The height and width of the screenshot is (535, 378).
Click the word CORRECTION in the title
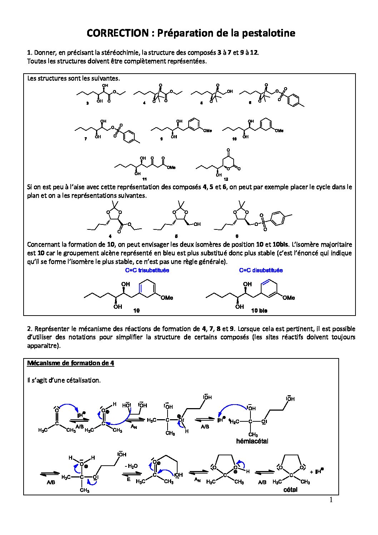pos(118,33)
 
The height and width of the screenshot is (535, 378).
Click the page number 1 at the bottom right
pos(330,500)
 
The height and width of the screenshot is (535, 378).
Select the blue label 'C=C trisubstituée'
pos(147,270)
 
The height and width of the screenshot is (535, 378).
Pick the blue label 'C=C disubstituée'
pos(261,270)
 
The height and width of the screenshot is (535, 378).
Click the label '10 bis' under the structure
pos(259,311)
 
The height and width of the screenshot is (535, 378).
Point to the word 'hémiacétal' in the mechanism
pos(252,441)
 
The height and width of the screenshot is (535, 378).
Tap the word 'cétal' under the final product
pos(290,490)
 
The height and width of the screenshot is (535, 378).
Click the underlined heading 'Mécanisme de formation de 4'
pos(71,363)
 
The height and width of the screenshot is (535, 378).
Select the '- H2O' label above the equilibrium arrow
pos(131,466)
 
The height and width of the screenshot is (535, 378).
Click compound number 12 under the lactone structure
pos(226,179)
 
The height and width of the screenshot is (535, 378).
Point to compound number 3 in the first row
pos(88,103)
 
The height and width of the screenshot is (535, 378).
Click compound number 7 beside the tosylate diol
pos(86,139)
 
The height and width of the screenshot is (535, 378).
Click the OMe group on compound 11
pos(171,167)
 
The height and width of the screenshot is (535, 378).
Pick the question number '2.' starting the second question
pos(30,329)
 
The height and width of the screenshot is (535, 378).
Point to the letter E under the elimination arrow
pos(129,480)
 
